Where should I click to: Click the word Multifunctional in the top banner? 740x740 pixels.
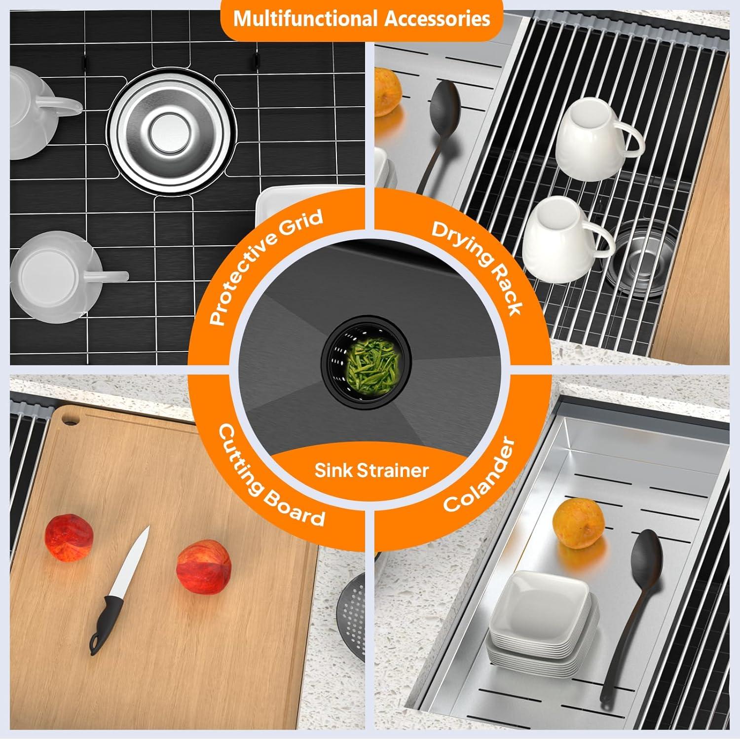pyautogui.click(x=305, y=19)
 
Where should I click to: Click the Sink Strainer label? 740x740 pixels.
pyautogui.click(x=371, y=470)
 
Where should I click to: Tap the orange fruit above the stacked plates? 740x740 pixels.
pyautogui.click(x=578, y=522)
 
